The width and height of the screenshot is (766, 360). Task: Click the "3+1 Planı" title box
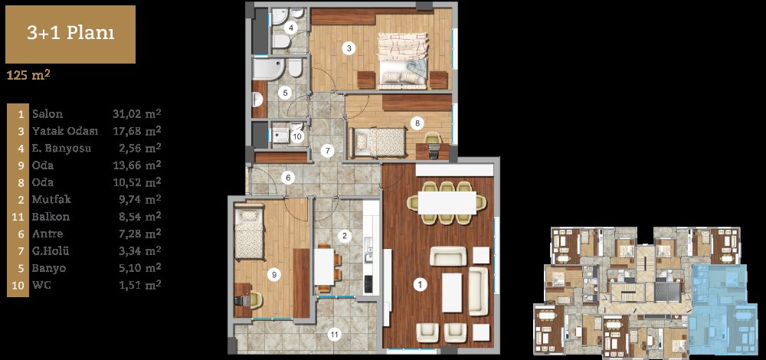click(x=70, y=34)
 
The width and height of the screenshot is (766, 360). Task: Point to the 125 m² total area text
click(x=28, y=76)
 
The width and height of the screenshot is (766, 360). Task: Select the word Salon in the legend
click(x=47, y=114)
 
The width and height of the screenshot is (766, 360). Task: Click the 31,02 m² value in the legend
click(x=137, y=114)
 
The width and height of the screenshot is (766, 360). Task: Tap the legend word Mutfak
click(x=52, y=199)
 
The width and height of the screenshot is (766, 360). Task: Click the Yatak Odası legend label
click(x=65, y=132)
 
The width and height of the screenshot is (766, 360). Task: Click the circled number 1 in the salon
click(x=419, y=285)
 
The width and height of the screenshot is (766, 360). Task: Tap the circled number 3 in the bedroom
click(x=349, y=47)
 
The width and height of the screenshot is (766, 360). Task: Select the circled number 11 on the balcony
click(x=334, y=335)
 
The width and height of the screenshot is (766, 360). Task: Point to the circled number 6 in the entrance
click(x=288, y=178)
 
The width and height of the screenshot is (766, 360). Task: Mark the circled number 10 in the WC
click(x=297, y=137)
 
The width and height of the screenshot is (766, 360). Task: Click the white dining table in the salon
click(x=447, y=203)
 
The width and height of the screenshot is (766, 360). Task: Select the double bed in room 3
click(x=403, y=61)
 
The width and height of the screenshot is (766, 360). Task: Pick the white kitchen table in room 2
click(x=323, y=267)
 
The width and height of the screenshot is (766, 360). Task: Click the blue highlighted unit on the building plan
click(x=719, y=309)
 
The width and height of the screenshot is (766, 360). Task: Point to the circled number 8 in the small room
click(x=417, y=123)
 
